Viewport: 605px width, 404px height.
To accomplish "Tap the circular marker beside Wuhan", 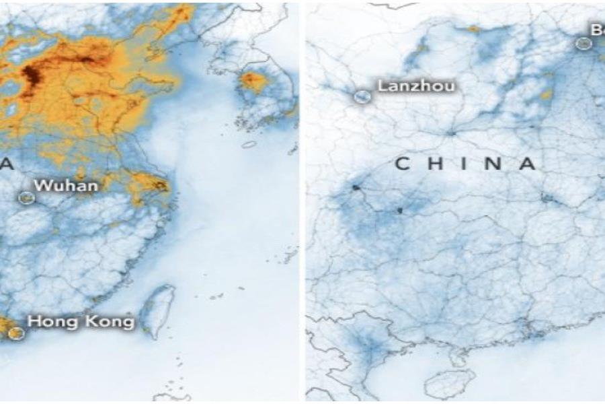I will pyautogui.click(x=27, y=198).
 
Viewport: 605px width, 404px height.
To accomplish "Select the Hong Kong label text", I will pyautogui.click(x=81, y=322).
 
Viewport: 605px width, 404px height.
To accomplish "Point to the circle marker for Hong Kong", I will pyautogui.click(x=17, y=332).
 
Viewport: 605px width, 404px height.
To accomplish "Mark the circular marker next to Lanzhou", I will pyautogui.click(x=362, y=96).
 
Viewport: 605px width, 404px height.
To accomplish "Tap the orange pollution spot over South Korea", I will pyautogui.click(x=254, y=81).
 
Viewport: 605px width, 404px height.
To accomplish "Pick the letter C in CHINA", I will pyautogui.click(x=402, y=164).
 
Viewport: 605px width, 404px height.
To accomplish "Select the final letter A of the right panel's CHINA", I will pyautogui.click(x=528, y=164).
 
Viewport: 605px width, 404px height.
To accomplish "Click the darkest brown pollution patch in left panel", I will pyautogui.click(x=31, y=78).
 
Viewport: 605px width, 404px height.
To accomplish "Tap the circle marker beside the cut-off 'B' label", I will pyautogui.click(x=583, y=43).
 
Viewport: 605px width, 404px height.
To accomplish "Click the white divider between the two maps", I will pyautogui.click(x=302, y=202).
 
